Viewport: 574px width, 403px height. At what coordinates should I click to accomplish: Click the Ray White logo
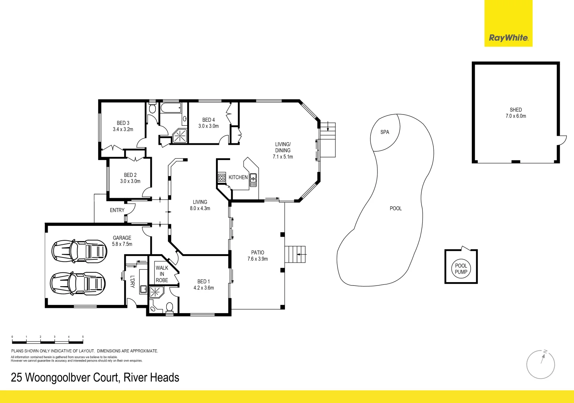point(508,38)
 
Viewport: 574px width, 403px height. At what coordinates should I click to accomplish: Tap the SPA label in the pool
point(385,132)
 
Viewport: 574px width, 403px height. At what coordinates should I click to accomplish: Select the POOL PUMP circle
point(461,269)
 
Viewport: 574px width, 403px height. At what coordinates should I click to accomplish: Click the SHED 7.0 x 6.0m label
point(515,113)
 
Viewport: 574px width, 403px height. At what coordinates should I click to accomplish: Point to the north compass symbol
point(540,364)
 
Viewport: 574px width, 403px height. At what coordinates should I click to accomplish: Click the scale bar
point(47,340)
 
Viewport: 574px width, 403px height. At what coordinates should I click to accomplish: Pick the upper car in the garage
point(79,250)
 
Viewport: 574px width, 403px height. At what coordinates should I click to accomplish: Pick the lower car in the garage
point(78,283)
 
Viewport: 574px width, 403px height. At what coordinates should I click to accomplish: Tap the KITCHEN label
point(238,177)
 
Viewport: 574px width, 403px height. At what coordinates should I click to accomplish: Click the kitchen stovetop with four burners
point(222,178)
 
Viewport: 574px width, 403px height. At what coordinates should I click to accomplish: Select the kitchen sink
point(253,179)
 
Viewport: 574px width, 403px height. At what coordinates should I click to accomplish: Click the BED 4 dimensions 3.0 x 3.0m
point(208,126)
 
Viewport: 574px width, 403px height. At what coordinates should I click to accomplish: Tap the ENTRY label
point(117,210)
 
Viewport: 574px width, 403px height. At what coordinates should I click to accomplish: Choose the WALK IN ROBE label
point(162,274)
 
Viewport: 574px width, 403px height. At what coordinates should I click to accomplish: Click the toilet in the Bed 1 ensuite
point(169,307)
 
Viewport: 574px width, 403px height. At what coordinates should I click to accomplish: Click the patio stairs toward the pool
point(295,254)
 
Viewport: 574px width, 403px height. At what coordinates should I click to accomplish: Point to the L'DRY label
point(132,281)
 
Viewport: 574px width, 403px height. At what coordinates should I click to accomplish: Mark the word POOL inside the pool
point(396,209)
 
